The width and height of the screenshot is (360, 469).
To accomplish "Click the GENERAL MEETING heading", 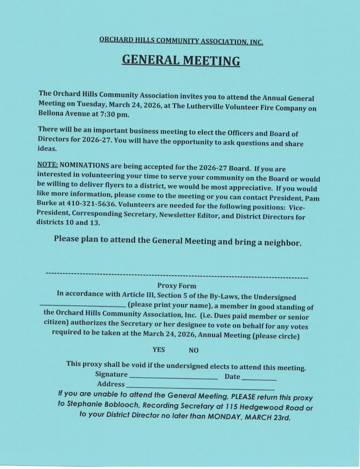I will click(180, 60).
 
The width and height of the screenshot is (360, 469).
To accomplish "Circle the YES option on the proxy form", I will click(158, 349).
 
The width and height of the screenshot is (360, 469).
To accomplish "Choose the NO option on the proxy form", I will click(193, 350).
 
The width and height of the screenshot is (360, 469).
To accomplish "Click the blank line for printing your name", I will click(82, 305).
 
